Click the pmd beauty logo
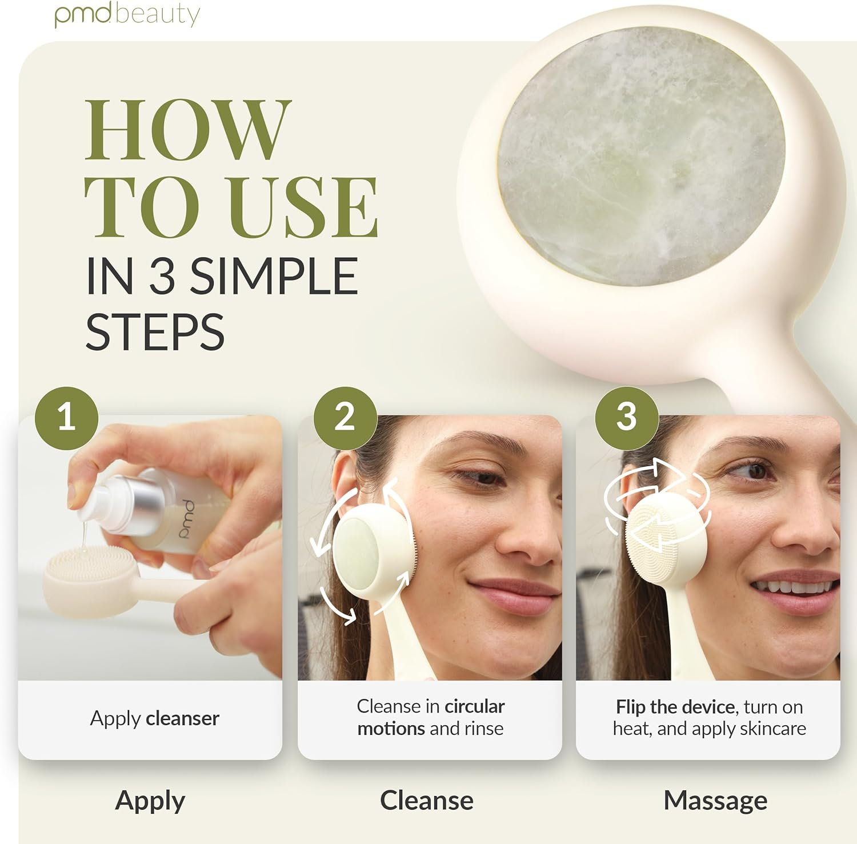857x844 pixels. click(127, 14)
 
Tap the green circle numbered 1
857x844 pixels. click(66, 418)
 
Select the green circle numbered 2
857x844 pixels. click(345, 418)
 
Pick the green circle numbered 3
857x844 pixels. click(626, 418)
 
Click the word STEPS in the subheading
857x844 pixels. click(155, 332)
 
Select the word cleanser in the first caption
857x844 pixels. click(182, 718)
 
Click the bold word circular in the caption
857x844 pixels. click(474, 707)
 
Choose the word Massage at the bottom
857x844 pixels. click(715, 801)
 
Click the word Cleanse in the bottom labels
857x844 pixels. click(426, 801)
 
